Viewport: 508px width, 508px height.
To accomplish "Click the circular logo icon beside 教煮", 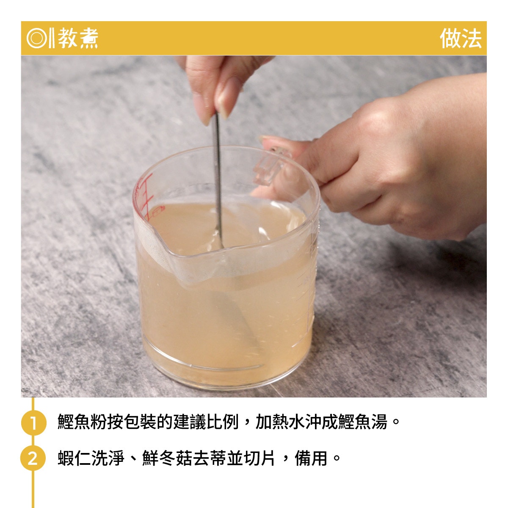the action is click(37, 38).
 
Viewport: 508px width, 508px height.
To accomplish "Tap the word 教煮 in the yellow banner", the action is click(78, 38).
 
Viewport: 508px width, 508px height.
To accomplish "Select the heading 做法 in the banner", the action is click(460, 39).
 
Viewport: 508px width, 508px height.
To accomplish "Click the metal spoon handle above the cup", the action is click(218, 163).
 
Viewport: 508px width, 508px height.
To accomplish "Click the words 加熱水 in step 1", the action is click(280, 422).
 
